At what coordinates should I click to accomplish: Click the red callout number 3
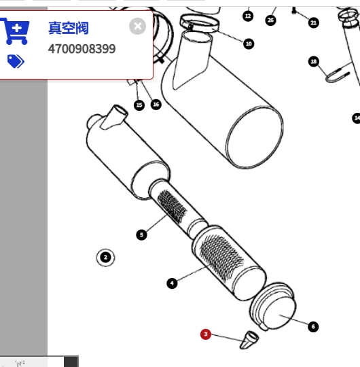pos(206,334)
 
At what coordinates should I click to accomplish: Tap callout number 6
pos(313,326)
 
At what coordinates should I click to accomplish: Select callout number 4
pos(172,283)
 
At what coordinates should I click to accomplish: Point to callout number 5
pos(141,234)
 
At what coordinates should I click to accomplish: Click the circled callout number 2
pos(105,258)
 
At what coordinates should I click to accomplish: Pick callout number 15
pos(139,105)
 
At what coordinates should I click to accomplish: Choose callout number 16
pos(156,105)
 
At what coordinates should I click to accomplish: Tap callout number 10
pos(249,43)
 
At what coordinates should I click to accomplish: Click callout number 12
pos(248,16)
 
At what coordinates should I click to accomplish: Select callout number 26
pos(270,20)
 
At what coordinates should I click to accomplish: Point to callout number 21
pos(314,22)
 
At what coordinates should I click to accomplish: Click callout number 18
pos(314,62)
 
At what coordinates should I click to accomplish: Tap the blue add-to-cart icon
pos(15,31)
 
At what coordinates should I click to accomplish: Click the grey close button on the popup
pos(137,27)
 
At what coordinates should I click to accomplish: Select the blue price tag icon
pos(16,61)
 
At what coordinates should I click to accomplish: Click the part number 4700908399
pos(82,49)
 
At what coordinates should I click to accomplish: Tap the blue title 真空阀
pos(69,28)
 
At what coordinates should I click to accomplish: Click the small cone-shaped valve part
pos(249,340)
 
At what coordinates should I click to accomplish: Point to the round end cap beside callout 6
pos(273,307)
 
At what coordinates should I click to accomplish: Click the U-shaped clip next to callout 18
pos(338,75)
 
